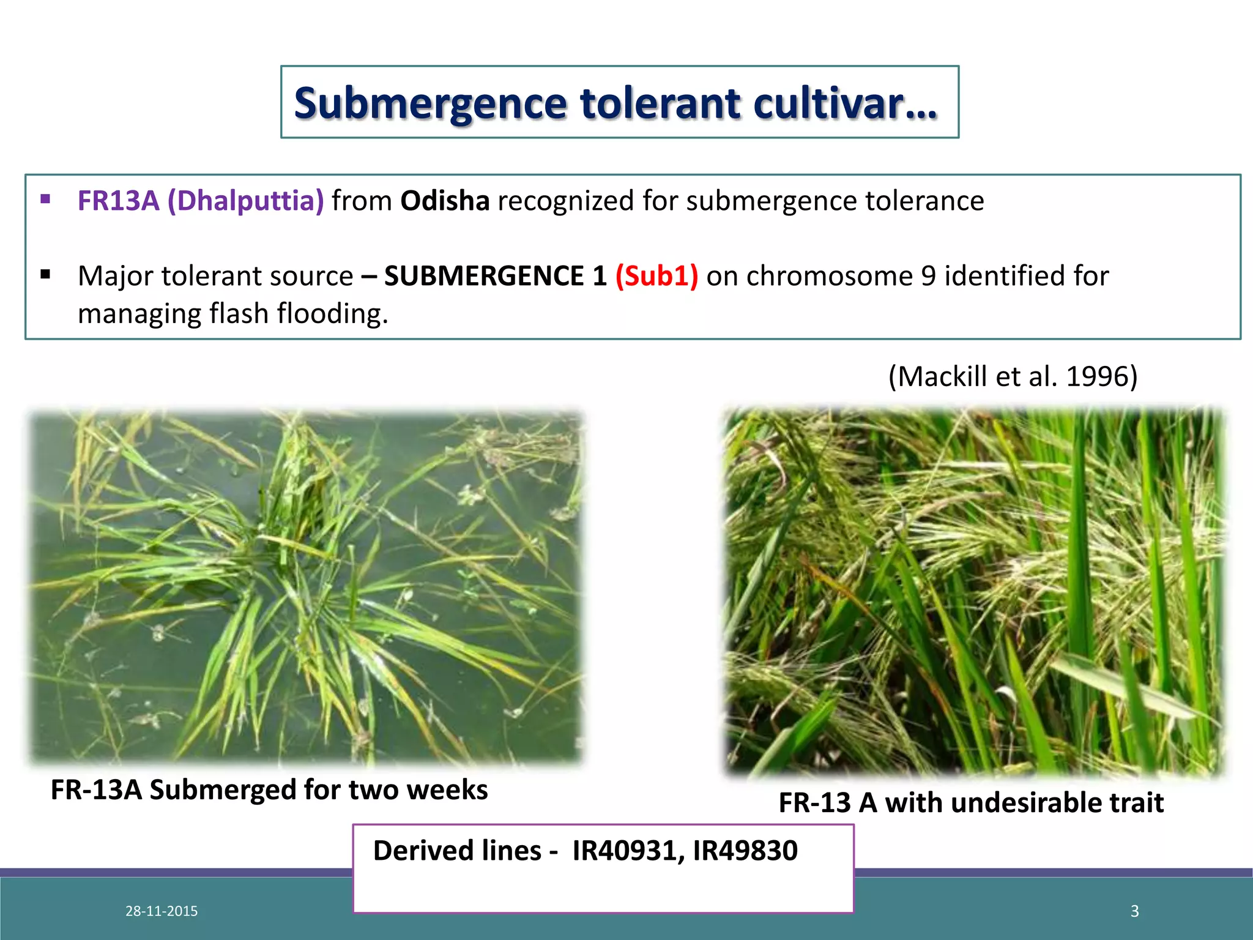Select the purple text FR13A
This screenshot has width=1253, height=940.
[x=118, y=201]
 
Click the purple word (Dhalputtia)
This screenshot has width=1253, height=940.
[x=245, y=201]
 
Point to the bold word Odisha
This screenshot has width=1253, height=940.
[x=445, y=201]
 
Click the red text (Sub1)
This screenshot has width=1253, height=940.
[x=656, y=276]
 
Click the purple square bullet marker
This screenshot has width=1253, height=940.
[x=45, y=199]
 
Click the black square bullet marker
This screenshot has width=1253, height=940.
[x=45, y=274]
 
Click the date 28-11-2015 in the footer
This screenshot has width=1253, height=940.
[x=162, y=911]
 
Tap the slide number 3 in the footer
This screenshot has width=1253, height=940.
[x=1134, y=911]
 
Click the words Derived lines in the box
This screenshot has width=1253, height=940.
[x=457, y=851]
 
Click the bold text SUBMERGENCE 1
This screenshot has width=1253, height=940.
[x=495, y=276]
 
